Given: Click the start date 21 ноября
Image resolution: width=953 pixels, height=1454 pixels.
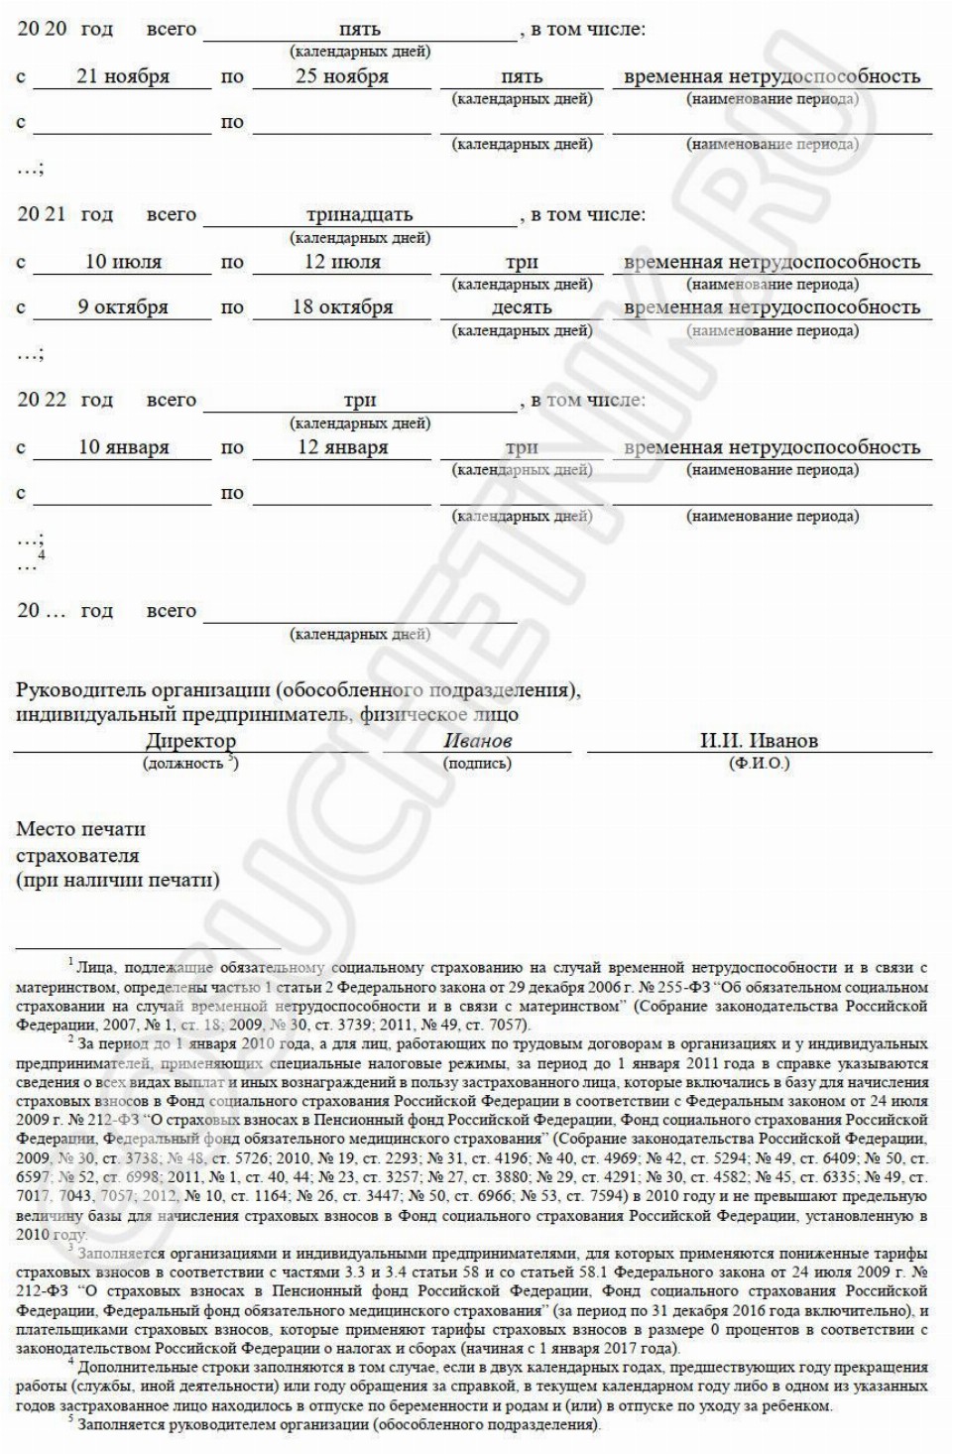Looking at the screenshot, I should pos(123,76).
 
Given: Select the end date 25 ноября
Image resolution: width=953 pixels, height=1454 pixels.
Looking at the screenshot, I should pos(342,76).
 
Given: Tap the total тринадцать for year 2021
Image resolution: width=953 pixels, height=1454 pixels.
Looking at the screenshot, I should pos(359,214).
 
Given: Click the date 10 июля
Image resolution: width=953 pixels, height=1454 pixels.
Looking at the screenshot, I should pos(123,262).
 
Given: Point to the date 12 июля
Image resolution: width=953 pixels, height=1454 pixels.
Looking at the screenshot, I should pos(342,262).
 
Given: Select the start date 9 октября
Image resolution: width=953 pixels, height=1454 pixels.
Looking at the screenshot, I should pos(123,307).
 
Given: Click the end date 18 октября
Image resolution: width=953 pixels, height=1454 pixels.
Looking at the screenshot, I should pos(342,307).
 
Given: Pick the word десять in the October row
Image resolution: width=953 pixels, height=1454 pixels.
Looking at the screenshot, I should pos(522,307).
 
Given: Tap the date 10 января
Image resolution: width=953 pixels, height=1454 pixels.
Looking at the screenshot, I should pos(124,447).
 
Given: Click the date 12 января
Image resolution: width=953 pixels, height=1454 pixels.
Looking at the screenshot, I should pos(342,447).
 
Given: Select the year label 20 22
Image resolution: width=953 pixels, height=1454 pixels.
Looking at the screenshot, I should pos(42,400).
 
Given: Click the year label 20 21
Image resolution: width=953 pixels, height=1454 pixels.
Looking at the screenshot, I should pos(42,214).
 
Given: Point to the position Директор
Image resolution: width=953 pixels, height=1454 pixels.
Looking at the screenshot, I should pos(190,741).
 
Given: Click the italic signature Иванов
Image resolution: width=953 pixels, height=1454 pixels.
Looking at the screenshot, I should pos(478,741).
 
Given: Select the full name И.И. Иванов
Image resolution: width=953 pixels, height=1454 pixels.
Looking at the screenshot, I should pos(759,741).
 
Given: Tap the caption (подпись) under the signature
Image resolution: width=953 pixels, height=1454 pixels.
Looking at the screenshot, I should pos(478,764).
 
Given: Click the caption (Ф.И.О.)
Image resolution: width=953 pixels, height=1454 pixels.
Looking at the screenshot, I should pos(759,764).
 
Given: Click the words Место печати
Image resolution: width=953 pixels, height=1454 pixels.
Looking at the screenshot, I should pos(80,829).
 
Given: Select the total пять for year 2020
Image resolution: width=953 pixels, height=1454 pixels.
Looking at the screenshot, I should pos(359,29).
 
